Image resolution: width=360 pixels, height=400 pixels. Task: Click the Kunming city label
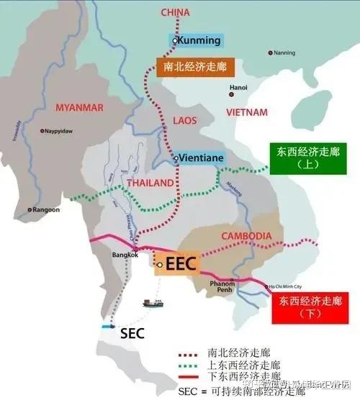click(199, 40)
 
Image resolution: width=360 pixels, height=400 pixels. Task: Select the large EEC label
click(180, 263)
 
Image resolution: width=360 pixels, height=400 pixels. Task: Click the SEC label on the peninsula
click(132, 333)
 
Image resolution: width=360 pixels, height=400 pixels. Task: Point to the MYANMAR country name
click(80, 108)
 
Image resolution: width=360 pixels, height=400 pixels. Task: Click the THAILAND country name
click(150, 183)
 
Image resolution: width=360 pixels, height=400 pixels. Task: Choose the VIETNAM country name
click(246, 112)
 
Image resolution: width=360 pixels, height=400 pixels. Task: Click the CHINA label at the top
click(176, 12)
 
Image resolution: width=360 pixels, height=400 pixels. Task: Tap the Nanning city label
click(284, 53)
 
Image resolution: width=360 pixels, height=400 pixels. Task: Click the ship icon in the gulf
click(152, 303)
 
